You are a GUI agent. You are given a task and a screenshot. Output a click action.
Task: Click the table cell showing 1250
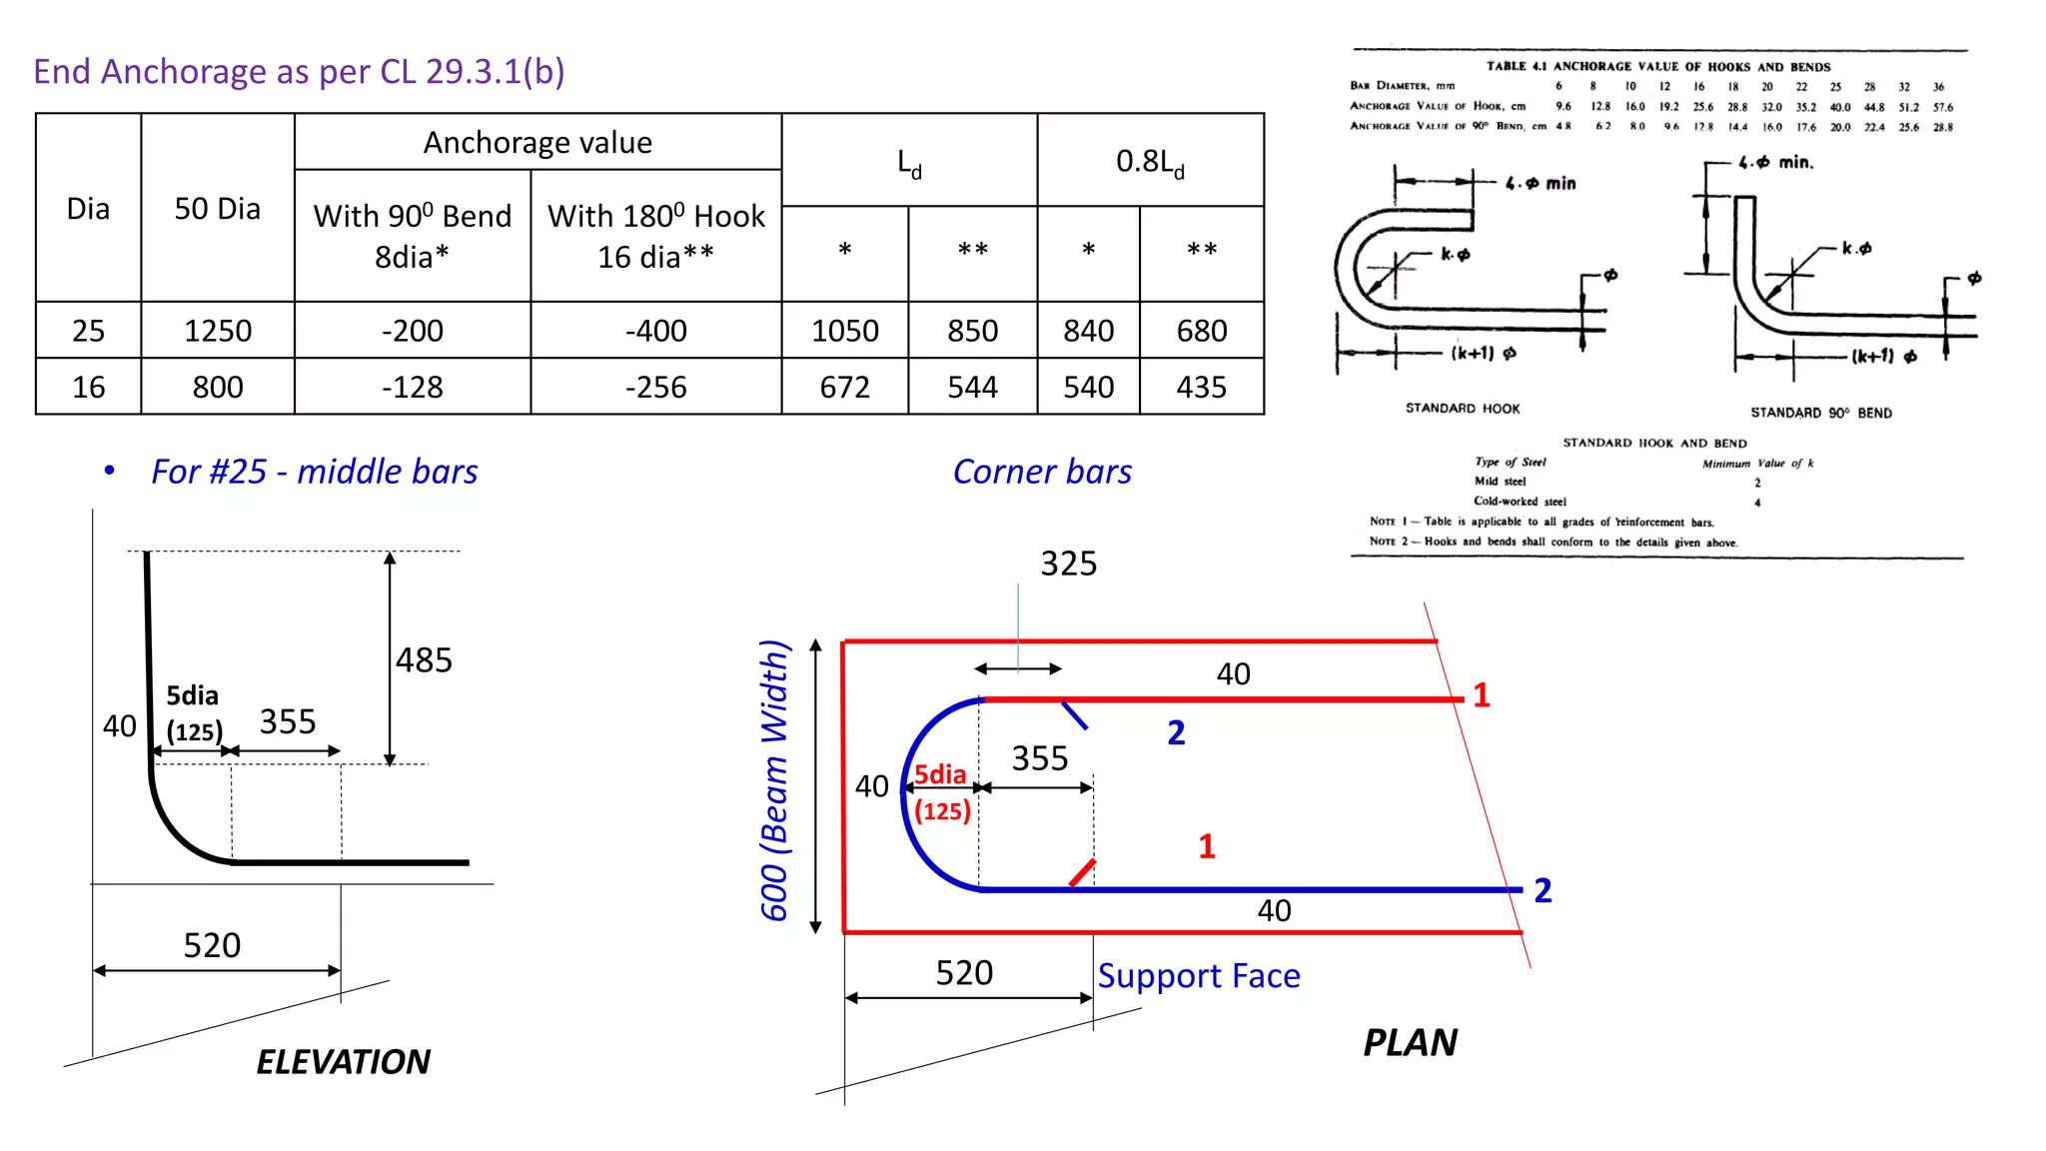coord(217,331)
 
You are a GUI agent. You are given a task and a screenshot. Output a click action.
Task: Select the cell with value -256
coord(655,387)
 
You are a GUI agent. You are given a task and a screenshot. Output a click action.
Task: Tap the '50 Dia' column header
coord(217,208)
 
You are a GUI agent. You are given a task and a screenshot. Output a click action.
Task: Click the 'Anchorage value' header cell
coord(537,142)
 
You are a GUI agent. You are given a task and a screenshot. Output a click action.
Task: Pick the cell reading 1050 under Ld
coord(844,331)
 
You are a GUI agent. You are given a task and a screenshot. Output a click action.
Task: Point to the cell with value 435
coord(1201,387)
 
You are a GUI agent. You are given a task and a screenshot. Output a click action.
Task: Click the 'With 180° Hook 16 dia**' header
coord(655,236)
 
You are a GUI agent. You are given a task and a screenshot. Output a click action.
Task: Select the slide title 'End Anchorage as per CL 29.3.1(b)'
coord(299,71)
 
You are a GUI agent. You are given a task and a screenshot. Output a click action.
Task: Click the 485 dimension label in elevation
coord(424,659)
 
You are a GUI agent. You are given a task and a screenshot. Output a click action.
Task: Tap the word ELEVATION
coord(343,1061)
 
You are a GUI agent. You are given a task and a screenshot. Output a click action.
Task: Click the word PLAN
coord(1410,1042)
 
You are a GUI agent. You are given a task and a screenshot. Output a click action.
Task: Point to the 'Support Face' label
coord(1199,975)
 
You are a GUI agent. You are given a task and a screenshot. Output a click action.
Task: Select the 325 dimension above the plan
coord(1068,564)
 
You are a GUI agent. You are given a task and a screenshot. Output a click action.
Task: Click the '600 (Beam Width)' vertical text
coord(775,779)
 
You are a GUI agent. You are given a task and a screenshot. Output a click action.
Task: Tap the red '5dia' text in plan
coord(940,774)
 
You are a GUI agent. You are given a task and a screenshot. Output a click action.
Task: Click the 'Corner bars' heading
coord(1042,472)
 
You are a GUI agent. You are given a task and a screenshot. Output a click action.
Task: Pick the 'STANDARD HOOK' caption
coord(1462,409)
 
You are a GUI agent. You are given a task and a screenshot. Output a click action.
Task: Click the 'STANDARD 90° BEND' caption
coord(1820,413)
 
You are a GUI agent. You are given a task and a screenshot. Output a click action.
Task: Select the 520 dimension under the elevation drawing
coord(212,945)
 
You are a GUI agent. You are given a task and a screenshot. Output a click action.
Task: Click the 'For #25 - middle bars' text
coord(314,472)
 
